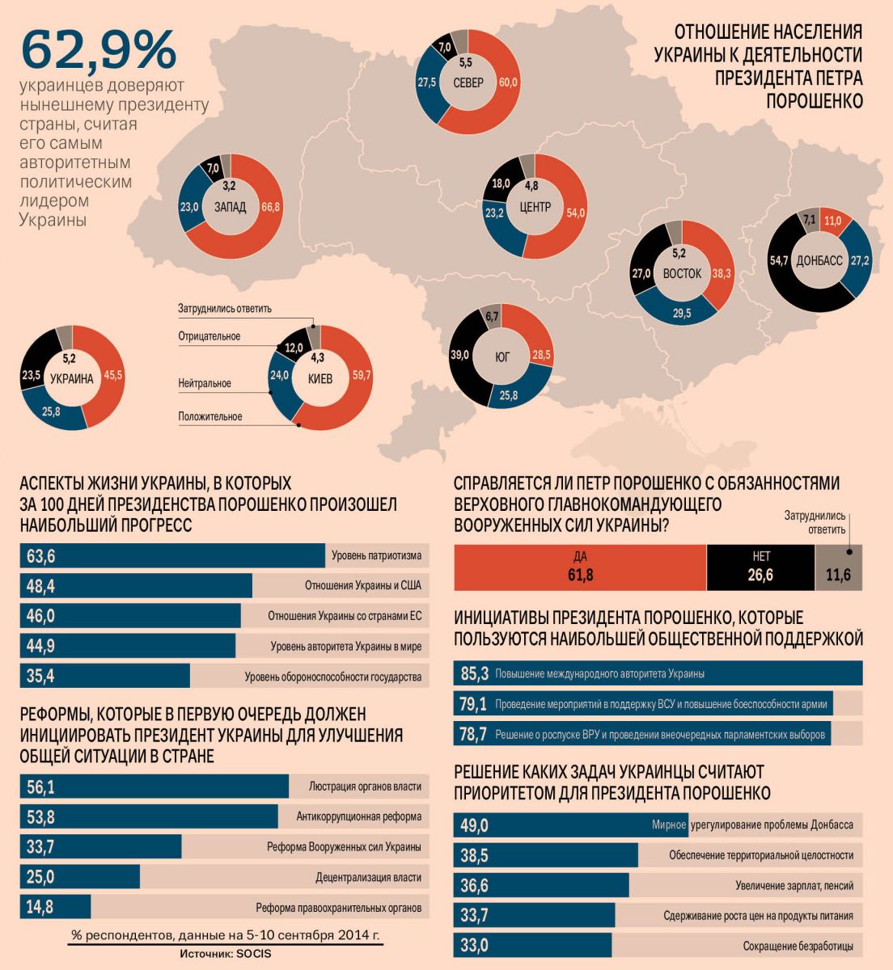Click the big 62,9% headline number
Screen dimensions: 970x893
coord(98,50)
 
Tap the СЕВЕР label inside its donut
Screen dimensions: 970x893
coord(468,83)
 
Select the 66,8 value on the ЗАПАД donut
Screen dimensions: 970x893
coord(270,207)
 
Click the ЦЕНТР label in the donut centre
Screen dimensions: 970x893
coord(534,208)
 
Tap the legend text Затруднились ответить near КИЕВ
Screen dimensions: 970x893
coord(225,308)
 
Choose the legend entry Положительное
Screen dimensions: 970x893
coord(210,417)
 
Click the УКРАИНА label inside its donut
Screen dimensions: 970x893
coord(72,378)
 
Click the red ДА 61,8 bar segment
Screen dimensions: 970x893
coord(579,567)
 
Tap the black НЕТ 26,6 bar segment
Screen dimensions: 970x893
coord(760,567)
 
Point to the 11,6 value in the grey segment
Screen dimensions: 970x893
coord(838,575)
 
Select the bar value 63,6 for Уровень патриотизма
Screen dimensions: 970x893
coord(40,556)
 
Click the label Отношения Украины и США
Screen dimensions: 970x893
coord(362,586)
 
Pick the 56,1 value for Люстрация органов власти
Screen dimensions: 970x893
coord(40,787)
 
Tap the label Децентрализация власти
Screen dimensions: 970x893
coord(368,877)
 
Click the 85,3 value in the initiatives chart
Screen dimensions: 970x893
coord(474,673)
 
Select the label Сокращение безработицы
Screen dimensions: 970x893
coord(798,946)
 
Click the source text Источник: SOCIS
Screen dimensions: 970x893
coord(226,954)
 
